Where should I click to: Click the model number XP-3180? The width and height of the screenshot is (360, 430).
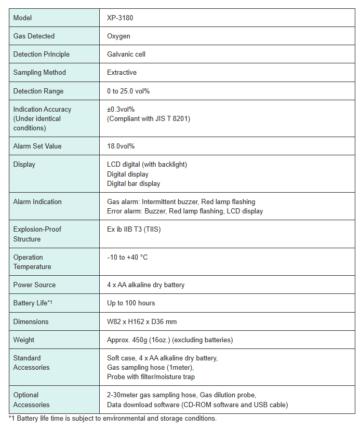pyautogui.click(x=119, y=18)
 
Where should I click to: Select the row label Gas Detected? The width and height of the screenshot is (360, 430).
pyautogui.click(x=34, y=36)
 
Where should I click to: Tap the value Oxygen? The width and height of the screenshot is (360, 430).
pyautogui.click(x=118, y=36)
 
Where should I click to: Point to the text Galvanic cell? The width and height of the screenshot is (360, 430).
pyautogui.click(x=127, y=55)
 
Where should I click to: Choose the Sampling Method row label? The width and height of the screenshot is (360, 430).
pyautogui.click(x=39, y=73)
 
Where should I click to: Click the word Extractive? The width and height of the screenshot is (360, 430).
pyautogui.click(x=122, y=73)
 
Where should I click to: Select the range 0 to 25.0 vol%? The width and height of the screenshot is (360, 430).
pyautogui.click(x=128, y=91)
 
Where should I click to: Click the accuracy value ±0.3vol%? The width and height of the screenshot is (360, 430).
pyautogui.click(x=121, y=110)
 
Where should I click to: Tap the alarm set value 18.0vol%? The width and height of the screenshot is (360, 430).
pyautogui.click(x=121, y=146)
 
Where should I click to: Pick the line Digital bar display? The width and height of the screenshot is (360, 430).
pyautogui.click(x=134, y=184)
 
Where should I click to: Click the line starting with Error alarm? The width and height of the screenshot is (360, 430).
pyautogui.click(x=185, y=211)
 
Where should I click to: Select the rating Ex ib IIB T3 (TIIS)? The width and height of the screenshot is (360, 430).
pyautogui.click(x=134, y=230)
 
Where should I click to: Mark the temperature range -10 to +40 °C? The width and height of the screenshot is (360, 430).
pyautogui.click(x=127, y=258)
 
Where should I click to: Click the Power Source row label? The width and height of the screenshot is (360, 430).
pyautogui.click(x=34, y=285)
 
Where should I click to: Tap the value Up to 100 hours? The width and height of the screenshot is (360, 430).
pyautogui.click(x=131, y=303)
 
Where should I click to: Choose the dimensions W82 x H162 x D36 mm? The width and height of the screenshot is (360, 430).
pyautogui.click(x=142, y=322)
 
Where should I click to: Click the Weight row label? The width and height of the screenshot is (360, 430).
pyautogui.click(x=24, y=340)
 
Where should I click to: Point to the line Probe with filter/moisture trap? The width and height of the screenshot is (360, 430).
pyautogui.click(x=151, y=377)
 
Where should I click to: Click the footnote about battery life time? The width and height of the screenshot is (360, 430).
pyautogui.click(x=113, y=419)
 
